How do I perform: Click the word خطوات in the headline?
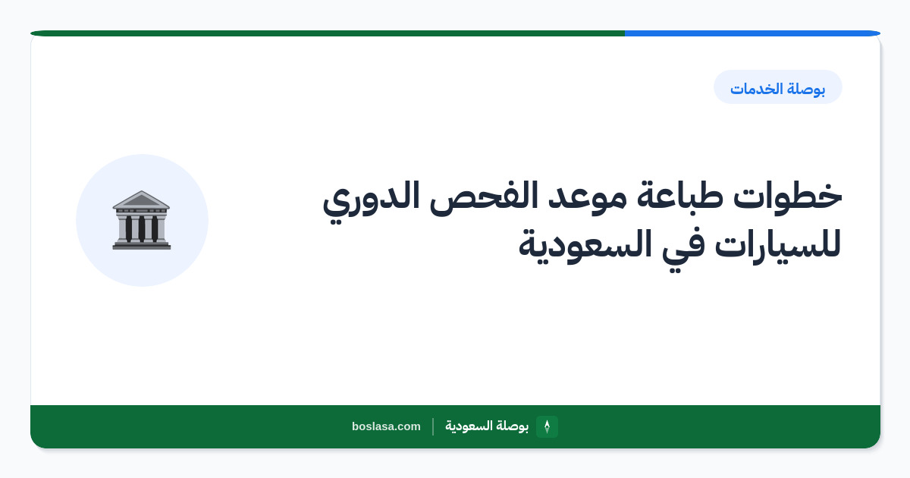(787, 195)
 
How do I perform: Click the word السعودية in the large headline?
(585, 245)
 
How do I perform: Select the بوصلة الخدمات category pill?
(777, 87)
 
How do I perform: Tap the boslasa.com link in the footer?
(386, 426)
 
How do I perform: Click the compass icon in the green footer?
(547, 426)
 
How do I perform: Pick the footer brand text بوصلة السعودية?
(487, 426)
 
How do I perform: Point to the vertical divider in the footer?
(433, 426)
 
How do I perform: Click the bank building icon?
(141, 220)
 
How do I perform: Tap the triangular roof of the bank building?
(141, 200)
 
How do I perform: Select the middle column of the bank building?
(141, 228)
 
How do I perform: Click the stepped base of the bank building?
(141, 245)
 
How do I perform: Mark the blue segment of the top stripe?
(752, 33)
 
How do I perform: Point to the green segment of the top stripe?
(328, 33)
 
